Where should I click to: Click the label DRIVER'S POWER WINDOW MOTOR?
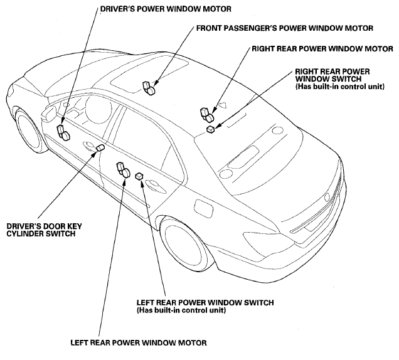pyautogui.click(x=157, y=10)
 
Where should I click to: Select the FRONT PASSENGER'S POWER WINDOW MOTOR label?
pyautogui.click(x=285, y=28)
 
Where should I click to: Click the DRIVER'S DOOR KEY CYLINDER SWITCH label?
pyautogui.click(x=41, y=229)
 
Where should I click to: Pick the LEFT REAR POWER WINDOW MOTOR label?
pyautogui.click(x=137, y=342)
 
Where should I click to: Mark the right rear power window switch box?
pyautogui.click(x=211, y=129)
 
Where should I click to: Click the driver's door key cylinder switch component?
pyautogui.click(x=100, y=147)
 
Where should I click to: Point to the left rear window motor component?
pyautogui.click(x=122, y=169)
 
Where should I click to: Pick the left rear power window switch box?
pyautogui.click(x=140, y=178)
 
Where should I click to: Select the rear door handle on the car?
pyautogui.click(x=152, y=184)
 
